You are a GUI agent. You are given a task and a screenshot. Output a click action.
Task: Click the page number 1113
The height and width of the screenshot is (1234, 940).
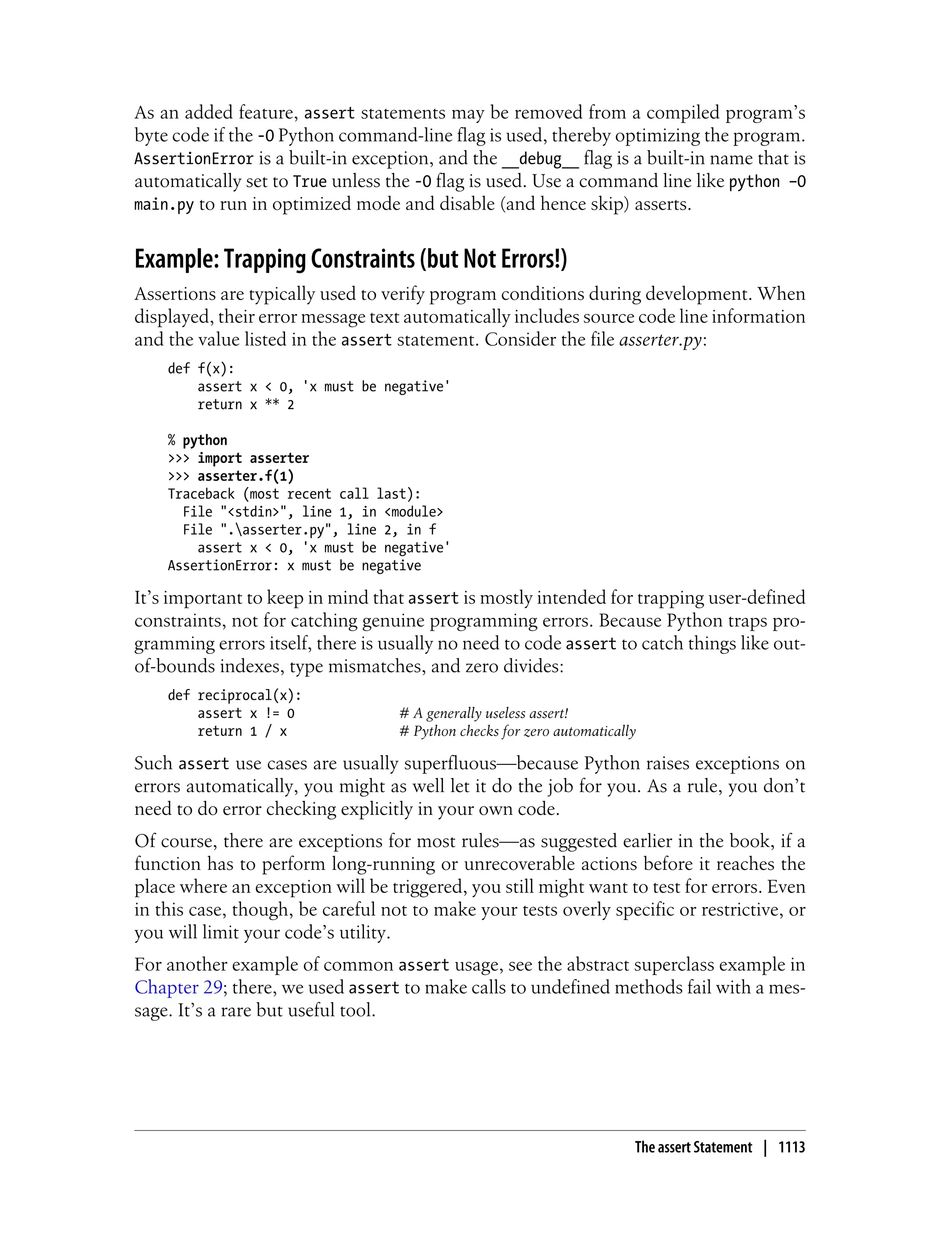point(791,1147)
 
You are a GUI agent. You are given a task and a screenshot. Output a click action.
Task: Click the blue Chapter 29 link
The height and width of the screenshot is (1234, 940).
point(179,987)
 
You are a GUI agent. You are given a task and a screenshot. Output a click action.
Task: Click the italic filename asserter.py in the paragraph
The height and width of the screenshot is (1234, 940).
point(660,340)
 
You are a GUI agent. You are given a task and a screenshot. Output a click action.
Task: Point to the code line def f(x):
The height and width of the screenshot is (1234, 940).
point(201,368)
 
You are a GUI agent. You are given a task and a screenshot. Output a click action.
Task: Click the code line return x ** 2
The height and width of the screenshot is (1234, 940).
point(245,404)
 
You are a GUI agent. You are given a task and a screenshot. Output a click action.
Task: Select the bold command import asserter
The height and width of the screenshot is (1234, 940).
point(253,458)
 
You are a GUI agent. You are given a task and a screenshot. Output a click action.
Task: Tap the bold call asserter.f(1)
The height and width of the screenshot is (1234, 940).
point(245,476)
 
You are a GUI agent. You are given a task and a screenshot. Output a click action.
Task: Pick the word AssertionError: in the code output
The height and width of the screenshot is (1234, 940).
point(223,566)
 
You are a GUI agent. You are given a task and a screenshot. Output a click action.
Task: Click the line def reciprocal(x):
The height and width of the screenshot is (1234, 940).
point(235,695)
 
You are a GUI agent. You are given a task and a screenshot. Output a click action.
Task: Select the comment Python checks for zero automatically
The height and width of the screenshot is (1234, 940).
point(524,731)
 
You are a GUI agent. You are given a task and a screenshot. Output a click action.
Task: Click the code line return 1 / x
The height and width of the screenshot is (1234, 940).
point(242,731)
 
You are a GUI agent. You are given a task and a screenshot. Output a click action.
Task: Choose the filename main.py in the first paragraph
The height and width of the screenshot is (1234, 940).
point(163,205)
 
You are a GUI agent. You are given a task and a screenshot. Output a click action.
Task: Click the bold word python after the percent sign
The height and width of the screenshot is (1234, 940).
point(205,440)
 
